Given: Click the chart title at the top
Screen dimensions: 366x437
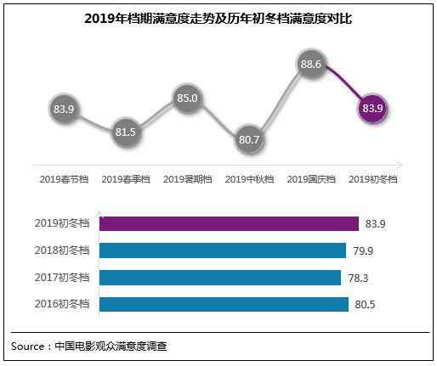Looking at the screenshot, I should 218,18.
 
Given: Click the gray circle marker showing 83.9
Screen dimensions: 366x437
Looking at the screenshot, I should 65,109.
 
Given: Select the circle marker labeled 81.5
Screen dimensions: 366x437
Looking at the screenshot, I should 126,132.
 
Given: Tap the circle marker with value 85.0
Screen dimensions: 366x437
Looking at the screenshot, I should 188,98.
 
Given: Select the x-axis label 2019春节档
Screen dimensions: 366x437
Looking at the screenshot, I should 65,179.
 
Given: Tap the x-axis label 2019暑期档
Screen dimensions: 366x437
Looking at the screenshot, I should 188,179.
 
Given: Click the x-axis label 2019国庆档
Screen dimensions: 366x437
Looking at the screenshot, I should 311,179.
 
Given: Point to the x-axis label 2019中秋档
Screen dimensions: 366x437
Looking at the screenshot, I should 250,179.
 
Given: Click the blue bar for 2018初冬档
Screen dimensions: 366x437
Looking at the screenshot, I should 223,251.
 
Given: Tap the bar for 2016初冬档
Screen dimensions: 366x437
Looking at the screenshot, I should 224,304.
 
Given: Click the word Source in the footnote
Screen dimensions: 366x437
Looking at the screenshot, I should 29,346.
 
